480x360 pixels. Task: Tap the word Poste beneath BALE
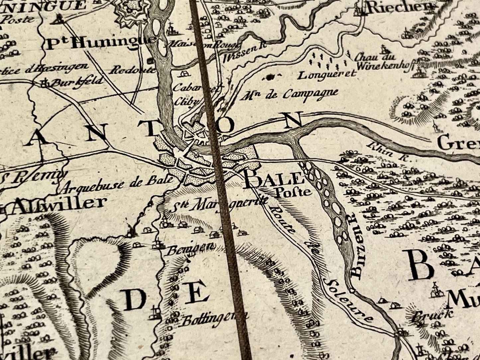pos(293,192)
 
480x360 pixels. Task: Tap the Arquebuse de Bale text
pos(118,184)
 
